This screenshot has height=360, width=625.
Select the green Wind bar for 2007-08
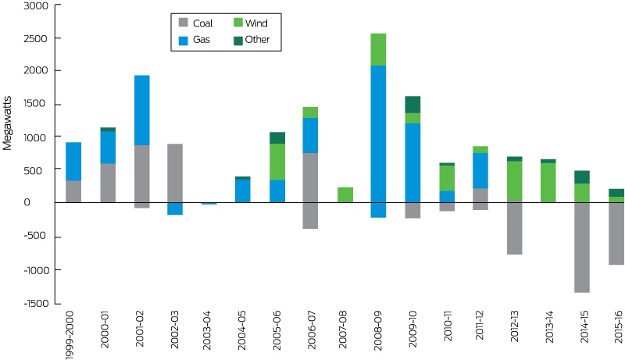point(345,194)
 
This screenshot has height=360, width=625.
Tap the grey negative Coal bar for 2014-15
point(582,248)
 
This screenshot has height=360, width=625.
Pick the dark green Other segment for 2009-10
point(412,105)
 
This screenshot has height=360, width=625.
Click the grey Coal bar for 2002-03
point(175,173)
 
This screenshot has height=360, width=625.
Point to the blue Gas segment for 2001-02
point(142,110)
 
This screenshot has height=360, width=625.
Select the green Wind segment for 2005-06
point(277,162)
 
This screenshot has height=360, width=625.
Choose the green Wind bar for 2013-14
point(548,183)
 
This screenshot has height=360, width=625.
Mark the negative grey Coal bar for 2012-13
point(515,227)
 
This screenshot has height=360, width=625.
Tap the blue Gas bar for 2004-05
point(243,191)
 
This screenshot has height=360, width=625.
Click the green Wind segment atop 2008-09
point(378,50)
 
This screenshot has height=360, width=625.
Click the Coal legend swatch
point(184,23)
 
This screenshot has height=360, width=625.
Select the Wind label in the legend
point(256,23)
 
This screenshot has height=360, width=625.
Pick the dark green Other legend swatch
point(238,41)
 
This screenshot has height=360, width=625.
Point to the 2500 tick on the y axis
point(58,38)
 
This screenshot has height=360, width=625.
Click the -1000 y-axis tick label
point(36,270)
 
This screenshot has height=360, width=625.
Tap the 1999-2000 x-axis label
point(69,335)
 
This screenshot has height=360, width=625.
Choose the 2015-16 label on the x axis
point(618,327)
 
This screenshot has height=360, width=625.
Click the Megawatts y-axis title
point(7,123)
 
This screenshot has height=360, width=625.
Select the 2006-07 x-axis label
point(312,330)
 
